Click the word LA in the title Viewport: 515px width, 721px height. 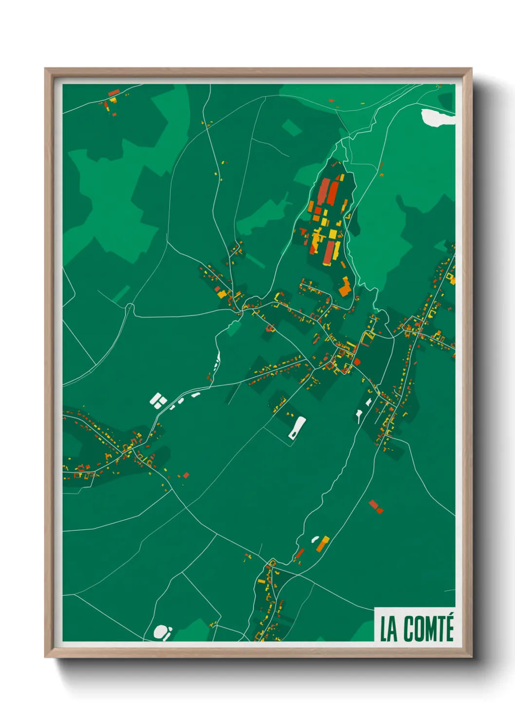tap(388, 629)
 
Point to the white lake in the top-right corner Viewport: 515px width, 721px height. tap(437, 118)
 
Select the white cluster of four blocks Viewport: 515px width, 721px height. tap(158, 401)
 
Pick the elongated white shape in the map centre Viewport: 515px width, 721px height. tap(296, 428)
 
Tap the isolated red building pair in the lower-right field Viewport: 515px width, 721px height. tap(375, 506)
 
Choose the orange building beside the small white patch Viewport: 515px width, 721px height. tap(323, 543)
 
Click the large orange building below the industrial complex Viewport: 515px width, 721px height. tap(345, 287)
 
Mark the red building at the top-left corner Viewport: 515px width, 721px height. tap(113, 92)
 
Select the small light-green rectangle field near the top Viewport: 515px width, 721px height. tap(292, 128)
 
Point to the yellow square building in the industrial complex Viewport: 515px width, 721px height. tap(333, 234)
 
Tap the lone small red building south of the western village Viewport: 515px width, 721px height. tap(185, 475)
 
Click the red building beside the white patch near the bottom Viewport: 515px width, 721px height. tap(299, 554)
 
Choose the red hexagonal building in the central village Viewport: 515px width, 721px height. tap(357, 361)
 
